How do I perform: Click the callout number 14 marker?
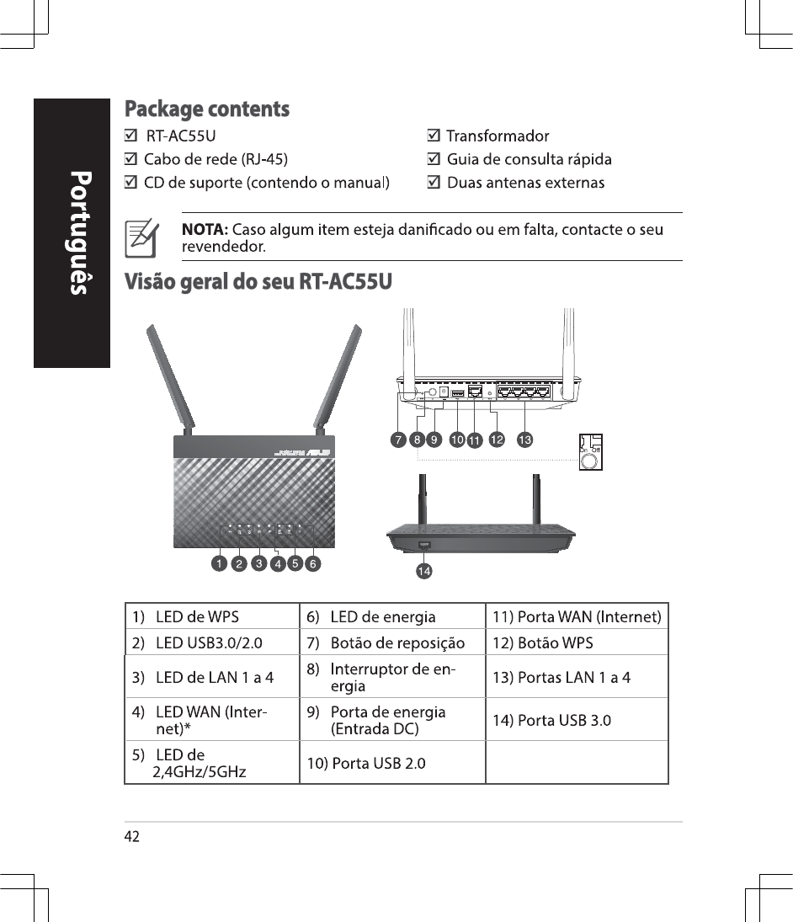[424, 572]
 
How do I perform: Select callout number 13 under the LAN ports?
[524, 440]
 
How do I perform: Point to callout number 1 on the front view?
[218, 562]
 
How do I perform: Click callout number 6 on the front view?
[312, 562]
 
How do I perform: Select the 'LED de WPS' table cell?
[211, 617]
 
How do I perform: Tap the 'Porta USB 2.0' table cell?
[392, 763]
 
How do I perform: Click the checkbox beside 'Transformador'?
[433, 136]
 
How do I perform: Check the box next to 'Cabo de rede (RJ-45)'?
[130, 158]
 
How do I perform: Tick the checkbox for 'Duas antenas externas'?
[433, 182]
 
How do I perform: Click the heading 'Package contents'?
[207, 109]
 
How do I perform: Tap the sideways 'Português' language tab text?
[79, 232]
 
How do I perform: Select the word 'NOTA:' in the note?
[205, 230]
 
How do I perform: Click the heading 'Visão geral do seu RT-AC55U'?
[258, 281]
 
